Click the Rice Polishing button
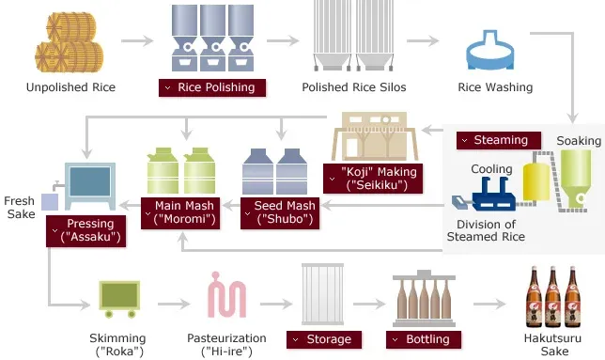pos(211,87)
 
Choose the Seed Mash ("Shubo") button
pos(280,212)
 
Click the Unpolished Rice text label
pos(71,87)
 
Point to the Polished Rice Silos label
pos(349,87)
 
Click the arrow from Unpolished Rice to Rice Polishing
pos(136,41)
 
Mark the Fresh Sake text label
pos(20,208)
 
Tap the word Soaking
pos(579,140)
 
